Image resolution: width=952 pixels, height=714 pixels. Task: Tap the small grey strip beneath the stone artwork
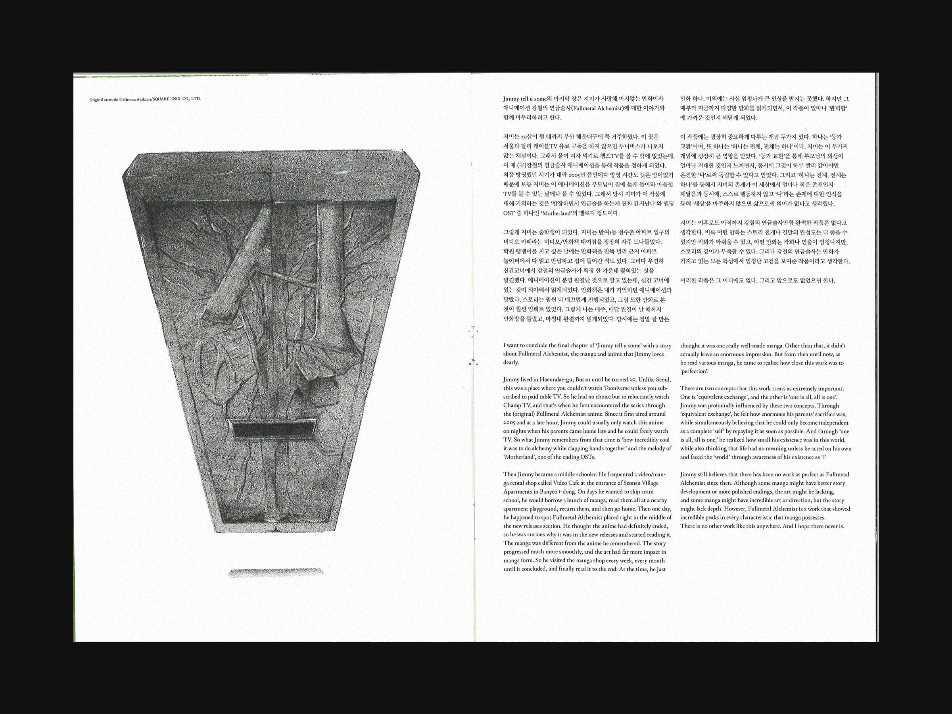coord(275,572)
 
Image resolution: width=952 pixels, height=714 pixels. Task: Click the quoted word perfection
coord(694,371)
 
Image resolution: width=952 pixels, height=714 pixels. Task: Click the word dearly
coord(511,363)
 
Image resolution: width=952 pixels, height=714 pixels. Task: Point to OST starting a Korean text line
coord(509,213)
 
